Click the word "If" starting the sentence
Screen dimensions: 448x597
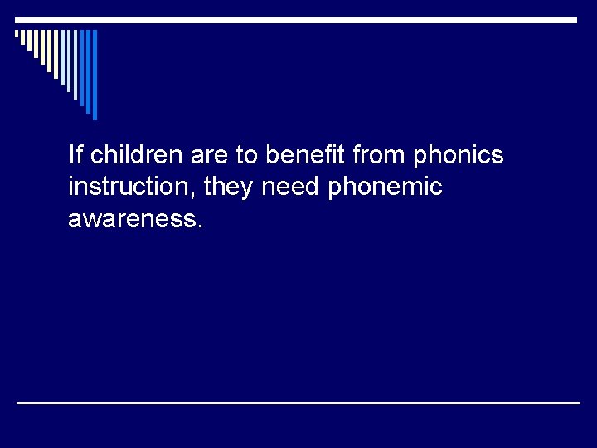tap(76, 154)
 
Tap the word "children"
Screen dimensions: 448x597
tap(133, 154)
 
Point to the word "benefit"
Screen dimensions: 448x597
tap(303, 154)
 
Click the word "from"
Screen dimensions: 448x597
tap(377, 155)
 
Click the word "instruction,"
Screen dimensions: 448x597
tap(132, 187)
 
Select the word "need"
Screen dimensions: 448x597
tap(291, 187)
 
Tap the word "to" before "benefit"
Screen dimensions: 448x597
tap(245, 155)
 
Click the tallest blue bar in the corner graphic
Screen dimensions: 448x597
tap(95, 75)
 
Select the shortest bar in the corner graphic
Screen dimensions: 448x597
tap(17, 35)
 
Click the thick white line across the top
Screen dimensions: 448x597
tap(298, 20)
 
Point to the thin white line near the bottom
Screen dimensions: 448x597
tap(298, 402)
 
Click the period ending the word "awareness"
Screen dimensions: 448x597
tap(199, 227)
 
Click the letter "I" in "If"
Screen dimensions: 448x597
tap(71, 154)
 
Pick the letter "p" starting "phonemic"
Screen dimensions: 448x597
tap(335, 190)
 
